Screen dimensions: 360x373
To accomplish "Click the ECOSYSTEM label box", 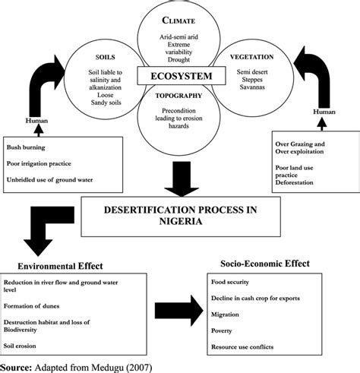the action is [182, 76].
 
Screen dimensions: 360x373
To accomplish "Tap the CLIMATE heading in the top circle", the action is [178, 21].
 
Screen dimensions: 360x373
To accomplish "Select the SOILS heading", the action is [106, 57].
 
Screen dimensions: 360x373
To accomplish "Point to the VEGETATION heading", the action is [252, 57].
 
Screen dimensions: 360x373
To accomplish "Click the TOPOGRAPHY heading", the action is [178, 96].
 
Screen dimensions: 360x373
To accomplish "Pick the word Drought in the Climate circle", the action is [178, 59].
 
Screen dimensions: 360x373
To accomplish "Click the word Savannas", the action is [252, 87].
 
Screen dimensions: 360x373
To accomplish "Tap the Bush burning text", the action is [26, 147].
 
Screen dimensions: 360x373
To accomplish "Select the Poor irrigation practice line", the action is [39, 163].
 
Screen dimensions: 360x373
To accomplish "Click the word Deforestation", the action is [294, 182].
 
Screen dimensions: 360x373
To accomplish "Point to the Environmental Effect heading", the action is [60, 266].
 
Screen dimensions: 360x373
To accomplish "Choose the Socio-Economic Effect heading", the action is [265, 264].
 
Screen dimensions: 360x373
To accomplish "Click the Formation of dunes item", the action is [31, 306].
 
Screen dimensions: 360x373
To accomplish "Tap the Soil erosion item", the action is [20, 346].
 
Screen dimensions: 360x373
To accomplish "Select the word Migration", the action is [225, 315].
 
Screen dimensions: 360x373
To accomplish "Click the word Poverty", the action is [222, 330].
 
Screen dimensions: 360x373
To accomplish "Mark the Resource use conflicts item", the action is [242, 347].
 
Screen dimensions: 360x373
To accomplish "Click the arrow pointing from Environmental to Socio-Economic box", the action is [179, 311].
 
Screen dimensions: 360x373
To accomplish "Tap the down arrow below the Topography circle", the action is [182, 179].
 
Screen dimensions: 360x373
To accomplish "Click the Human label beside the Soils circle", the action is [36, 121].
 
